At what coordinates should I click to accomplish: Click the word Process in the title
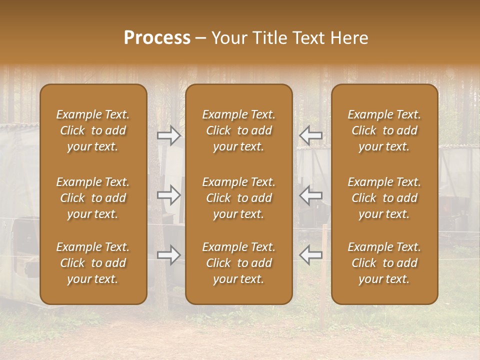pos(157,38)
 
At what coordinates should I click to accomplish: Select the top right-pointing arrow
pos(168,135)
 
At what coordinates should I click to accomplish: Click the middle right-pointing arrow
pos(168,195)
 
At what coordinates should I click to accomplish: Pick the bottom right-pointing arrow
pos(168,255)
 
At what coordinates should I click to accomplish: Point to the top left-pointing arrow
pos(310,135)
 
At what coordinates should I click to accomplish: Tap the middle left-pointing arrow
pos(310,195)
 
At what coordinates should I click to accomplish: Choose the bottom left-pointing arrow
pos(310,255)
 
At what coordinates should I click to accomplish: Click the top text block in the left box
pos(93,130)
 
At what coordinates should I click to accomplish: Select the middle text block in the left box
pos(93,198)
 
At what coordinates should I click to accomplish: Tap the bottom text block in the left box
pos(93,263)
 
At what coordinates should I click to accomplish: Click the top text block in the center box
pos(238,130)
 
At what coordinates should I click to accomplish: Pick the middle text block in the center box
pos(238,198)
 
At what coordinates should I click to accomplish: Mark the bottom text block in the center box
pos(238,263)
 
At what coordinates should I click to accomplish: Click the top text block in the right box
pos(384,130)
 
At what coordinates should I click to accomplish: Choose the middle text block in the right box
pos(384,198)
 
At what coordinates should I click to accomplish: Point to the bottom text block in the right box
pos(384,263)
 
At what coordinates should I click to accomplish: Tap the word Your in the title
pos(229,38)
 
